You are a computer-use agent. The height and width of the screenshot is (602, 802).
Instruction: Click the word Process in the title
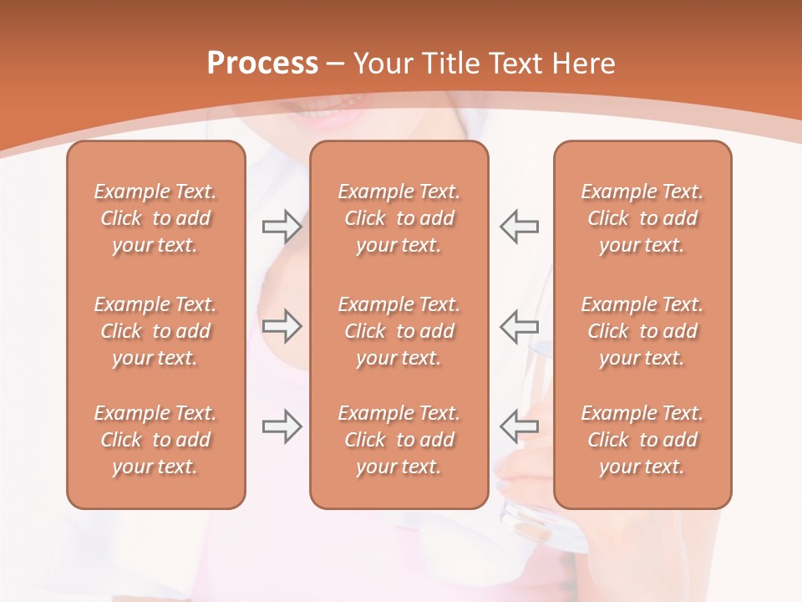[x=262, y=64]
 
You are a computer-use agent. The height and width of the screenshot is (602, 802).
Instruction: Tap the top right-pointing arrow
[x=282, y=226]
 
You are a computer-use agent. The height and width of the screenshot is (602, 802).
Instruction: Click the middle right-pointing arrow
[x=282, y=326]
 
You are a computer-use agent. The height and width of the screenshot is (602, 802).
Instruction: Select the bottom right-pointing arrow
[x=282, y=426]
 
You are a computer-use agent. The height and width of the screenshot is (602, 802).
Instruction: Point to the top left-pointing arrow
[x=519, y=226]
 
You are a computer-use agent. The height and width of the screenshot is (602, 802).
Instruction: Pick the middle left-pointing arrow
[x=519, y=326]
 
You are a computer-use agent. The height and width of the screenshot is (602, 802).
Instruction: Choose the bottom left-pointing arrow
[x=519, y=426]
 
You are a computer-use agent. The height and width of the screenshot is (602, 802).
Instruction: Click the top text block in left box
[x=155, y=218]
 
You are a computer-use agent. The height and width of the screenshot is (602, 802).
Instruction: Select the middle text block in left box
[x=155, y=331]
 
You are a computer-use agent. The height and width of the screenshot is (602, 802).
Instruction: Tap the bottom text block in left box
[x=155, y=440]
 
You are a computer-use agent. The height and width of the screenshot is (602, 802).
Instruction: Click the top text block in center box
[x=398, y=218]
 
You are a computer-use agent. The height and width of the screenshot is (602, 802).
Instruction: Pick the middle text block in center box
[x=398, y=331]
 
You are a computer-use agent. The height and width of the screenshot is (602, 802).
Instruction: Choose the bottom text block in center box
[x=398, y=440]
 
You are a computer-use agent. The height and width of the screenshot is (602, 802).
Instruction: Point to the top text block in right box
[x=642, y=218]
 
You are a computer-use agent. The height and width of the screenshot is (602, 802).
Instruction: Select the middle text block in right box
[x=642, y=331]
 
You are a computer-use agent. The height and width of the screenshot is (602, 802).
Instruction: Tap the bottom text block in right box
[x=642, y=440]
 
